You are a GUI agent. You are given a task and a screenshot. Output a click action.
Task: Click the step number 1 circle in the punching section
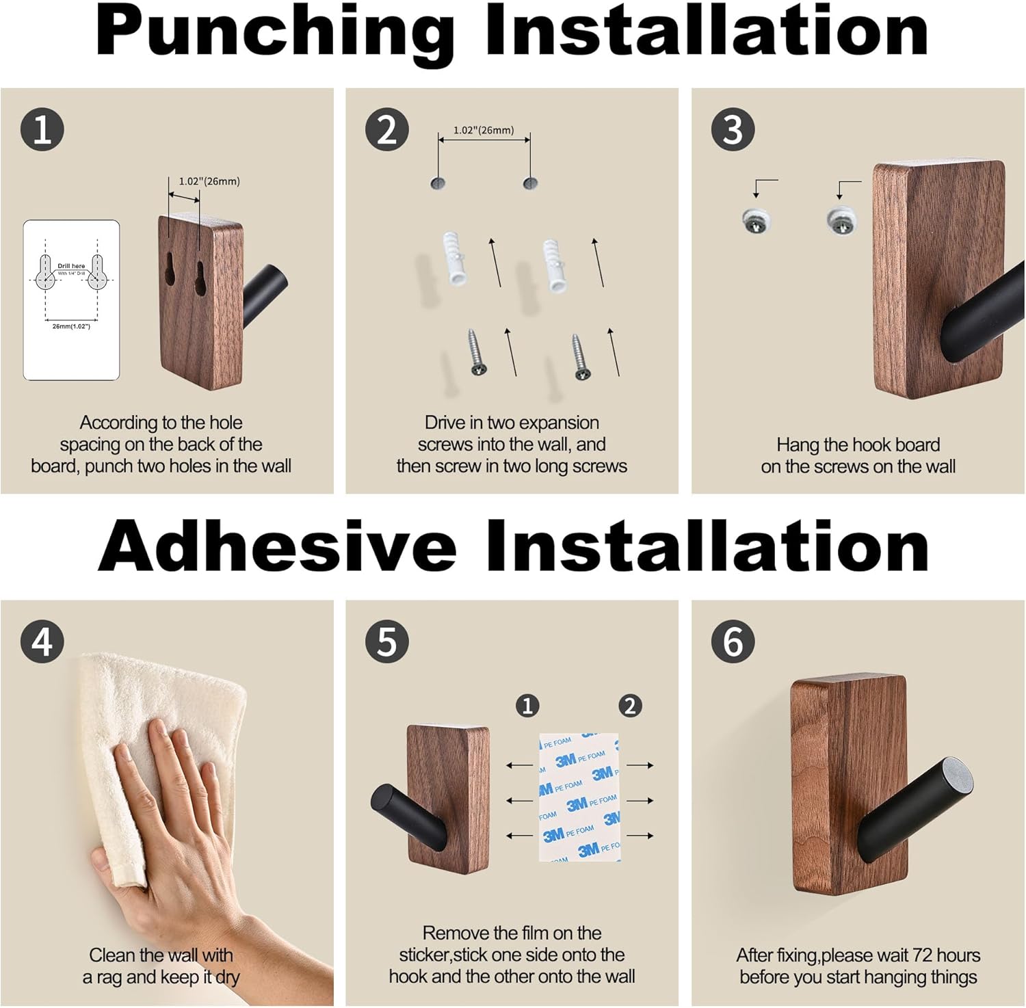42,129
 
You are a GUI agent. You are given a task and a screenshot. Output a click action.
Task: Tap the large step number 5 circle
387,641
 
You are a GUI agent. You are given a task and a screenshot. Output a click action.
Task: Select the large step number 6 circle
733,641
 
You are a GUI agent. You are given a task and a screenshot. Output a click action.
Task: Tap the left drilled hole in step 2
438,183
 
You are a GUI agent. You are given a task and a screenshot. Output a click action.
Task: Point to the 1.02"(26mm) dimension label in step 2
484,130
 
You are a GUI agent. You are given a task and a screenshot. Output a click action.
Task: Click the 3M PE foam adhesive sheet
579,797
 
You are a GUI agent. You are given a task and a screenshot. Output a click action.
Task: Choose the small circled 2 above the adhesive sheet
630,705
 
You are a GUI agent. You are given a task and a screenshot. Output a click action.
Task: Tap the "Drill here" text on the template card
71,266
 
